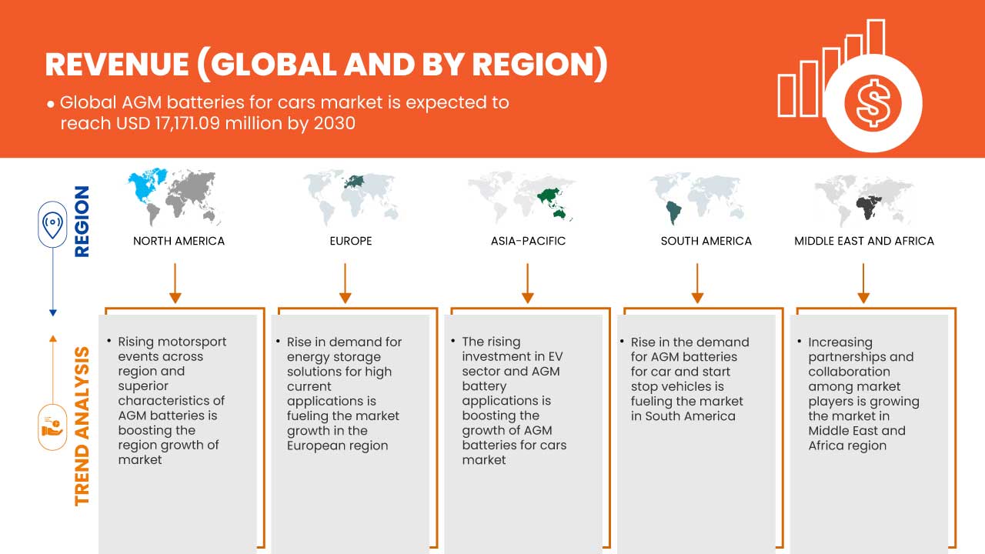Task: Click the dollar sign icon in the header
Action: coord(873,104)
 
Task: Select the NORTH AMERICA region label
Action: coord(179,241)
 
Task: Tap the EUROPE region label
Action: coord(351,241)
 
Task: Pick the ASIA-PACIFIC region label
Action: coord(528,241)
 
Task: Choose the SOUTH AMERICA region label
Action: coord(706,241)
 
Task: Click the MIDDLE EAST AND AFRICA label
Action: coord(864,241)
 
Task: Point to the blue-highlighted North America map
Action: coord(147,185)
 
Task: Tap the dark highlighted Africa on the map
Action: coord(868,208)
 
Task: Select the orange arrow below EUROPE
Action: coord(346,283)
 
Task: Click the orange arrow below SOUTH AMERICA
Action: coord(697,283)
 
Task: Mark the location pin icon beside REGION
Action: coord(52,224)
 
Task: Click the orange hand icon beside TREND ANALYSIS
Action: coord(52,427)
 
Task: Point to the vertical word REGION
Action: coord(82,221)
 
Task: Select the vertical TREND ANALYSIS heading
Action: coord(82,426)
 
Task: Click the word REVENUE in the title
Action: coord(117,65)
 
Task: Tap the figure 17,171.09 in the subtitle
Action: coord(187,124)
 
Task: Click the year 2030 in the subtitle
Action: coord(334,124)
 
